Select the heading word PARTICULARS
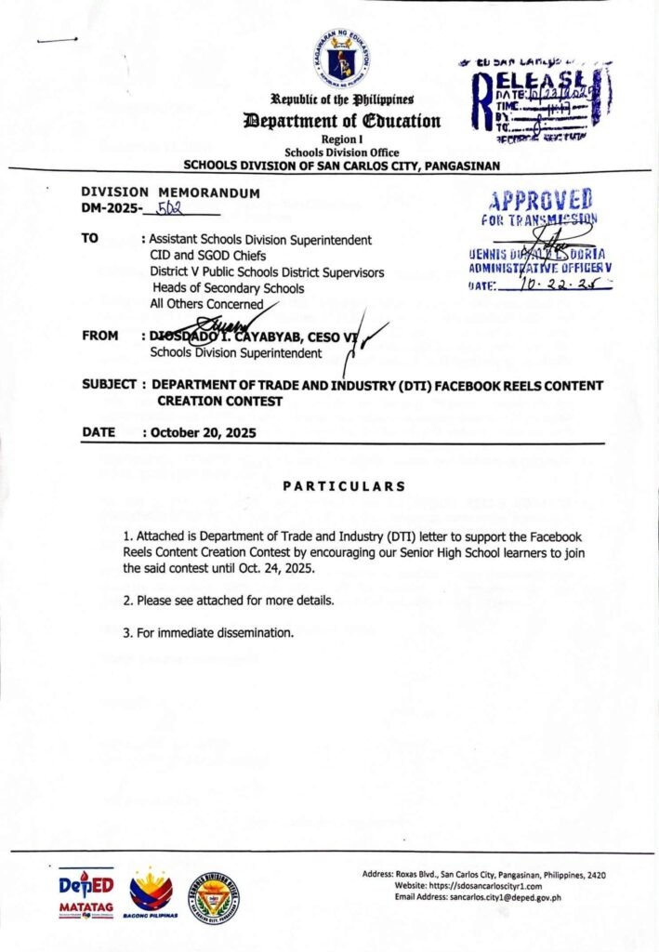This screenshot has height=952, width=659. click(x=344, y=486)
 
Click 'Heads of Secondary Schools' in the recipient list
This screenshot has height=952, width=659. click(x=228, y=288)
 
